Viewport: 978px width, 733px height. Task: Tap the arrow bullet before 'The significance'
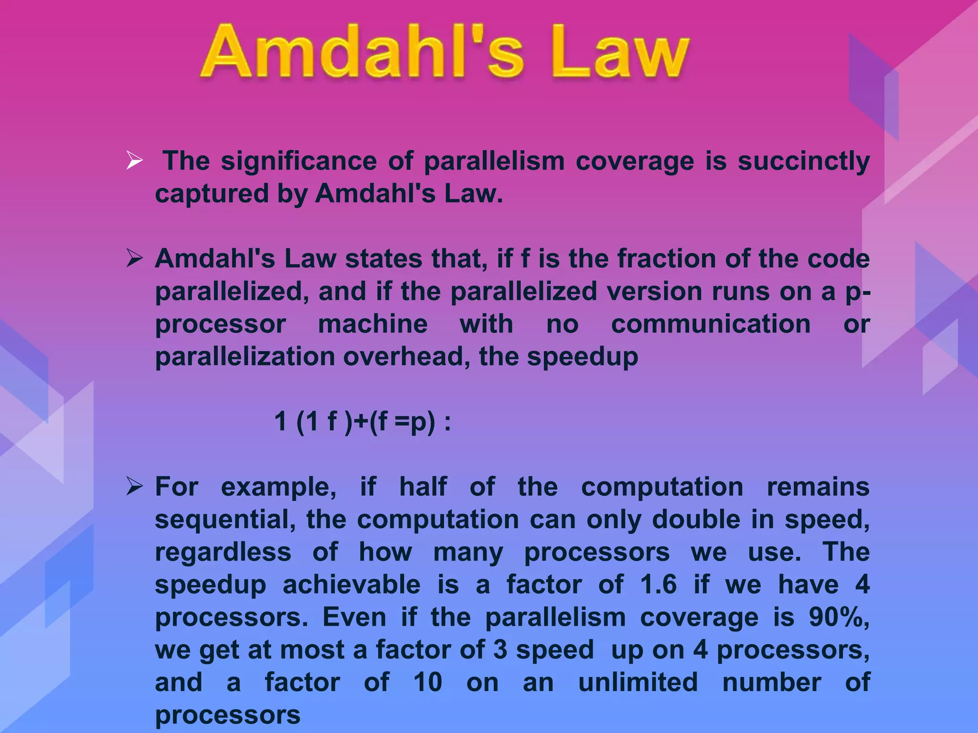point(134,160)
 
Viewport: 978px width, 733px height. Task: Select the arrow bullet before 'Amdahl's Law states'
point(134,259)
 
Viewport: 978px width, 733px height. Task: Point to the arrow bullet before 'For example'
point(134,487)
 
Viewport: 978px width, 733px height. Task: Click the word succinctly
point(803,161)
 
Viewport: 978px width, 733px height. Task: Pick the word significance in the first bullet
point(298,161)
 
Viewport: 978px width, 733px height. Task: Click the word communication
point(711,324)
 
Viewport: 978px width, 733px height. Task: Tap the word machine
point(372,324)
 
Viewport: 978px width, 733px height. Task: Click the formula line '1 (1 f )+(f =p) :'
point(362,422)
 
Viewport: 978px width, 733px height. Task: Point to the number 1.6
point(659,585)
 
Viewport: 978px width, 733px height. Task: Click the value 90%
point(839,617)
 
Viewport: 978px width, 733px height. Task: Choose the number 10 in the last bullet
point(427,682)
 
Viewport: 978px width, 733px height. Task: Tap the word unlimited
point(638,682)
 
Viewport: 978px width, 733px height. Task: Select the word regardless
point(223,553)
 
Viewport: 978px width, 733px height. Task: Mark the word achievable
point(351,585)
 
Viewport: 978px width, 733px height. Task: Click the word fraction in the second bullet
point(666,259)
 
